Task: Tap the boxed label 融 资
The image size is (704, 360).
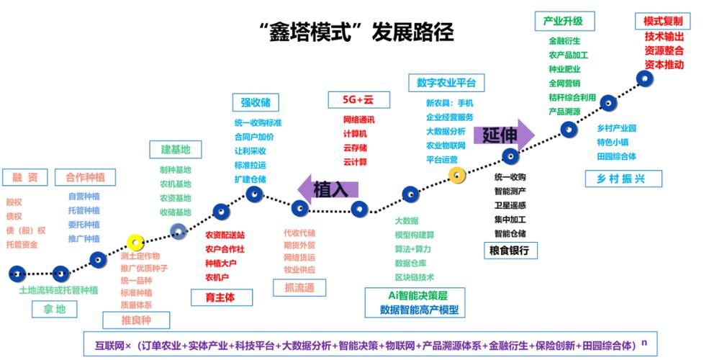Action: click(25, 177)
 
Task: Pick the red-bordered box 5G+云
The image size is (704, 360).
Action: click(352, 99)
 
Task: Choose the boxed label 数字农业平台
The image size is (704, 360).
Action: click(446, 82)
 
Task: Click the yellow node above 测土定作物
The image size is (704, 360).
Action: click(135, 242)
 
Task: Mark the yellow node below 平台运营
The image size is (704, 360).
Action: click(457, 174)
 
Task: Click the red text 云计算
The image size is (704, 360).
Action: click(355, 162)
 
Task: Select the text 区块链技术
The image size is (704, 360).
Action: click(415, 276)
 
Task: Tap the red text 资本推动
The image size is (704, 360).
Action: click(664, 64)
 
